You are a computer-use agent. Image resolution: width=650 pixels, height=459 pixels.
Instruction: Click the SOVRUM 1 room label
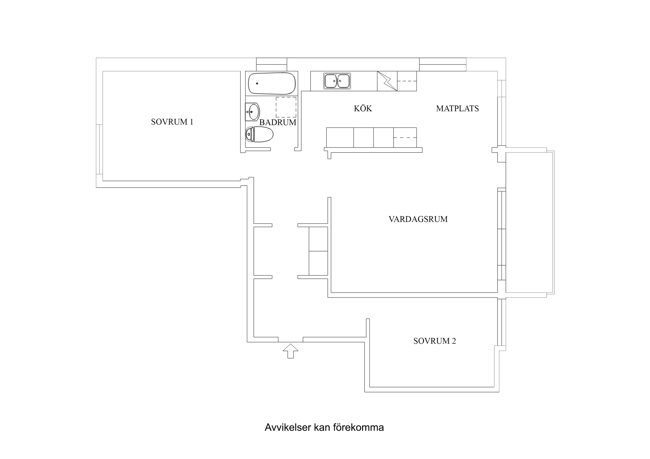pyautogui.click(x=172, y=122)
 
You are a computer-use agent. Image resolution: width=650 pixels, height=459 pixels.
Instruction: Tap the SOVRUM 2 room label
pyautogui.click(x=434, y=341)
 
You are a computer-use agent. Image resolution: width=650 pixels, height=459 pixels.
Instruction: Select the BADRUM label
pyautogui.click(x=278, y=122)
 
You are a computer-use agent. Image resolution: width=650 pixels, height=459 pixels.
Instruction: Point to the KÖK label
pyautogui.click(x=363, y=109)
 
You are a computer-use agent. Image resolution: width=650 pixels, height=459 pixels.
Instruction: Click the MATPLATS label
pyautogui.click(x=457, y=109)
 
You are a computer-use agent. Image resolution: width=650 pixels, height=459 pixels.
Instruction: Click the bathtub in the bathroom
pyautogui.click(x=272, y=83)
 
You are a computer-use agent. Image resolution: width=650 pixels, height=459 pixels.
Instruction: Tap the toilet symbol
pyautogui.click(x=259, y=134)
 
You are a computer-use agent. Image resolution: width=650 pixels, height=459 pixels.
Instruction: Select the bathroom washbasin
pyautogui.click(x=253, y=112)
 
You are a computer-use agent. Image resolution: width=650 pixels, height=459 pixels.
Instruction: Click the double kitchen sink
pyautogui.click(x=337, y=81)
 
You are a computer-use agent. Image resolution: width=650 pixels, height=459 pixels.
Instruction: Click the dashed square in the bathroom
pyautogui.click(x=286, y=107)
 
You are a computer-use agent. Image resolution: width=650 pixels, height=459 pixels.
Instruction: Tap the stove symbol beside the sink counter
pyautogui.click(x=387, y=81)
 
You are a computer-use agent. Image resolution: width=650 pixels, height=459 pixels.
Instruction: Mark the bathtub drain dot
pyautogui.click(x=257, y=83)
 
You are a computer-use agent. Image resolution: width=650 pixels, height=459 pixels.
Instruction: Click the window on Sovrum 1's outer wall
pyautogui.click(x=99, y=149)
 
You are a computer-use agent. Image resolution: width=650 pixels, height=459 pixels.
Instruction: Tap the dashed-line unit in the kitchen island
pyautogui.click(x=405, y=137)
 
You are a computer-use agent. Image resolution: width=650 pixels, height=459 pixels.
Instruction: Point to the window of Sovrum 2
pyautogui.click(x=502, y=322)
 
